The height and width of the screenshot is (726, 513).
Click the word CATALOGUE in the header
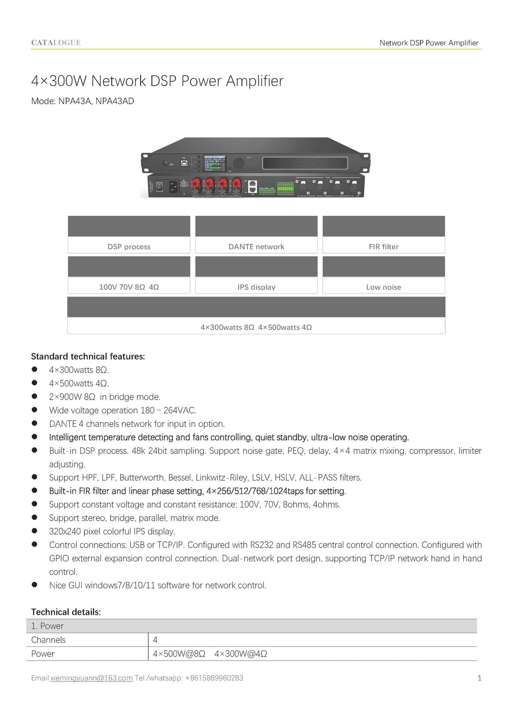tap(56, 42)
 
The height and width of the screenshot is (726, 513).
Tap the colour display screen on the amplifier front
tap(215, 163)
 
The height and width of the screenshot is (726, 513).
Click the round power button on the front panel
tap(165, 163)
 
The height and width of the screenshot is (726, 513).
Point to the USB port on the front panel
tap(184, 163)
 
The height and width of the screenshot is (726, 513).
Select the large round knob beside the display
tap(238, 163)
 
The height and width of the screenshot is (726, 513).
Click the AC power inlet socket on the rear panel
tap(174, 186)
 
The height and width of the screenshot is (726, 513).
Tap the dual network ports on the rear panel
tap(252, 186)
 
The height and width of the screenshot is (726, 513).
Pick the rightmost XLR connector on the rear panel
tap(354, 187)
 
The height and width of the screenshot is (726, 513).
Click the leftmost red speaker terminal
tap(195, 185)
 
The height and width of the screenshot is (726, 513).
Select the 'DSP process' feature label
tap(129, 247)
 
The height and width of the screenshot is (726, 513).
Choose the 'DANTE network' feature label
tap(256, 247)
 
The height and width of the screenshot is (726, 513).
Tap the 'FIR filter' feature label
tap(383, 247)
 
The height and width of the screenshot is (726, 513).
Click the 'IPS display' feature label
tap(256, 287)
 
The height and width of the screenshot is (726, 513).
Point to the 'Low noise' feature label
tap(383, 287)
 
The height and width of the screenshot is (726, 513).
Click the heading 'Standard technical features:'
tap(88, 356)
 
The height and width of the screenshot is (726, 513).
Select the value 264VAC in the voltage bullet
tap(180, 410)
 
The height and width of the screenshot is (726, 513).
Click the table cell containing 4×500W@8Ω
tap(179, 654)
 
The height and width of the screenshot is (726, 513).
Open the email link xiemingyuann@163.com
tap(91, 678)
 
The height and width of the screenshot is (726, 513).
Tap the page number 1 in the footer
tap(479, 678)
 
